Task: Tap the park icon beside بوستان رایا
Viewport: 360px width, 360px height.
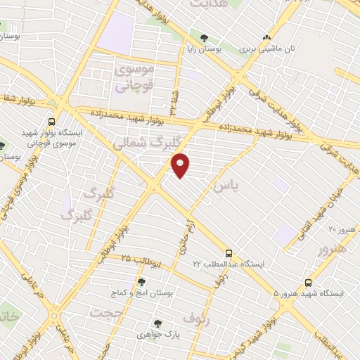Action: [204, 39]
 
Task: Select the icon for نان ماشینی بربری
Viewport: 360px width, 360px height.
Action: [266, 39]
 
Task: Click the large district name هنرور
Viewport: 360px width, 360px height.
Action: [332, 249]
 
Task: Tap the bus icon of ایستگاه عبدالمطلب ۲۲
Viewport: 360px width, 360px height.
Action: [228, 254]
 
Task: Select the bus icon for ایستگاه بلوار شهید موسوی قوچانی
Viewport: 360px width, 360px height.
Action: [51, 122]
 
